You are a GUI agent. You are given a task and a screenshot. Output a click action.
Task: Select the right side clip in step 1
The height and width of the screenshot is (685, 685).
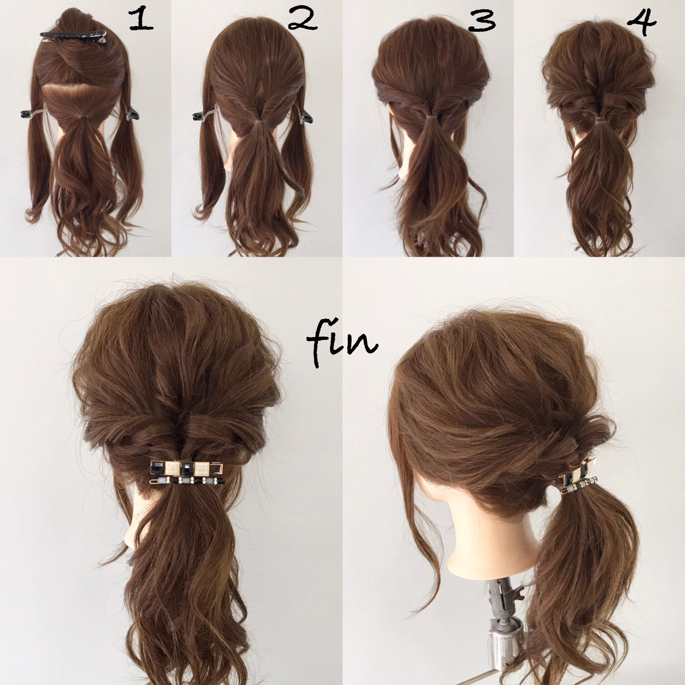click(x=132, y=113)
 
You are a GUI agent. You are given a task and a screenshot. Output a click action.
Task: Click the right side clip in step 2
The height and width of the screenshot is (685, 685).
click(x=305, y=116)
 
